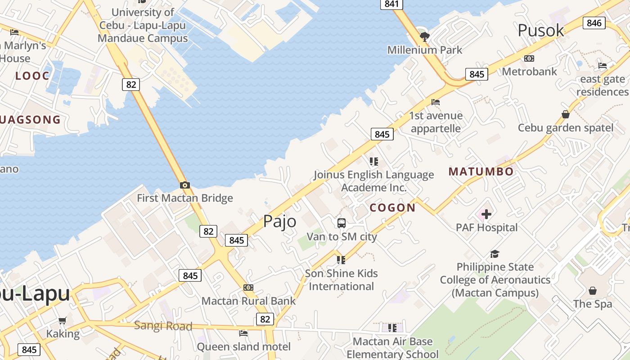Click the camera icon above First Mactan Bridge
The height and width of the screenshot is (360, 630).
[184, 185]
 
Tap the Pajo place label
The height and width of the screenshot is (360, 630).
[279, 221]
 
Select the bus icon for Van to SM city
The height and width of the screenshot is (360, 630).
[342, 223]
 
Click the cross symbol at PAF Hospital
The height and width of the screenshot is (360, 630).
[486, 214]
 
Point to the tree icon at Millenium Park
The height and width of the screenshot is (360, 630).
[424, 36]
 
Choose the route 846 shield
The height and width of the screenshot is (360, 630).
[594, 22]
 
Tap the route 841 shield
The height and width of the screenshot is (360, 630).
[391, 4]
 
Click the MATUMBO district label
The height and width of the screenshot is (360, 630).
[481, 171]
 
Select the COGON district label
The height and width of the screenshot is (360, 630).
[392, 207]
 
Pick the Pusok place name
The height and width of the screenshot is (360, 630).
[540, 30]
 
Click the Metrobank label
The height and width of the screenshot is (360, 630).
[529, 71]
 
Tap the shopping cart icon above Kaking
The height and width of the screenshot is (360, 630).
[63, 321]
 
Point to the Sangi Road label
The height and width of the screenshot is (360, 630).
[163, 326]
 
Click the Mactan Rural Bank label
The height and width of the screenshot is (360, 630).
[248, 301]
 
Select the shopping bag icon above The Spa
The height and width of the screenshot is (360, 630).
[593, 291]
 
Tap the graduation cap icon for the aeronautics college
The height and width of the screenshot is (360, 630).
[495, 254]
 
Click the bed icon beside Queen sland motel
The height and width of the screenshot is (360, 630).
[243, 333]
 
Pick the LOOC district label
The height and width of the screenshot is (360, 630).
[32, 76]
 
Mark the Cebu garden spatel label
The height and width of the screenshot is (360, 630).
[566, 128]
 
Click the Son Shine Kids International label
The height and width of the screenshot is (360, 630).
[342, 279]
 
